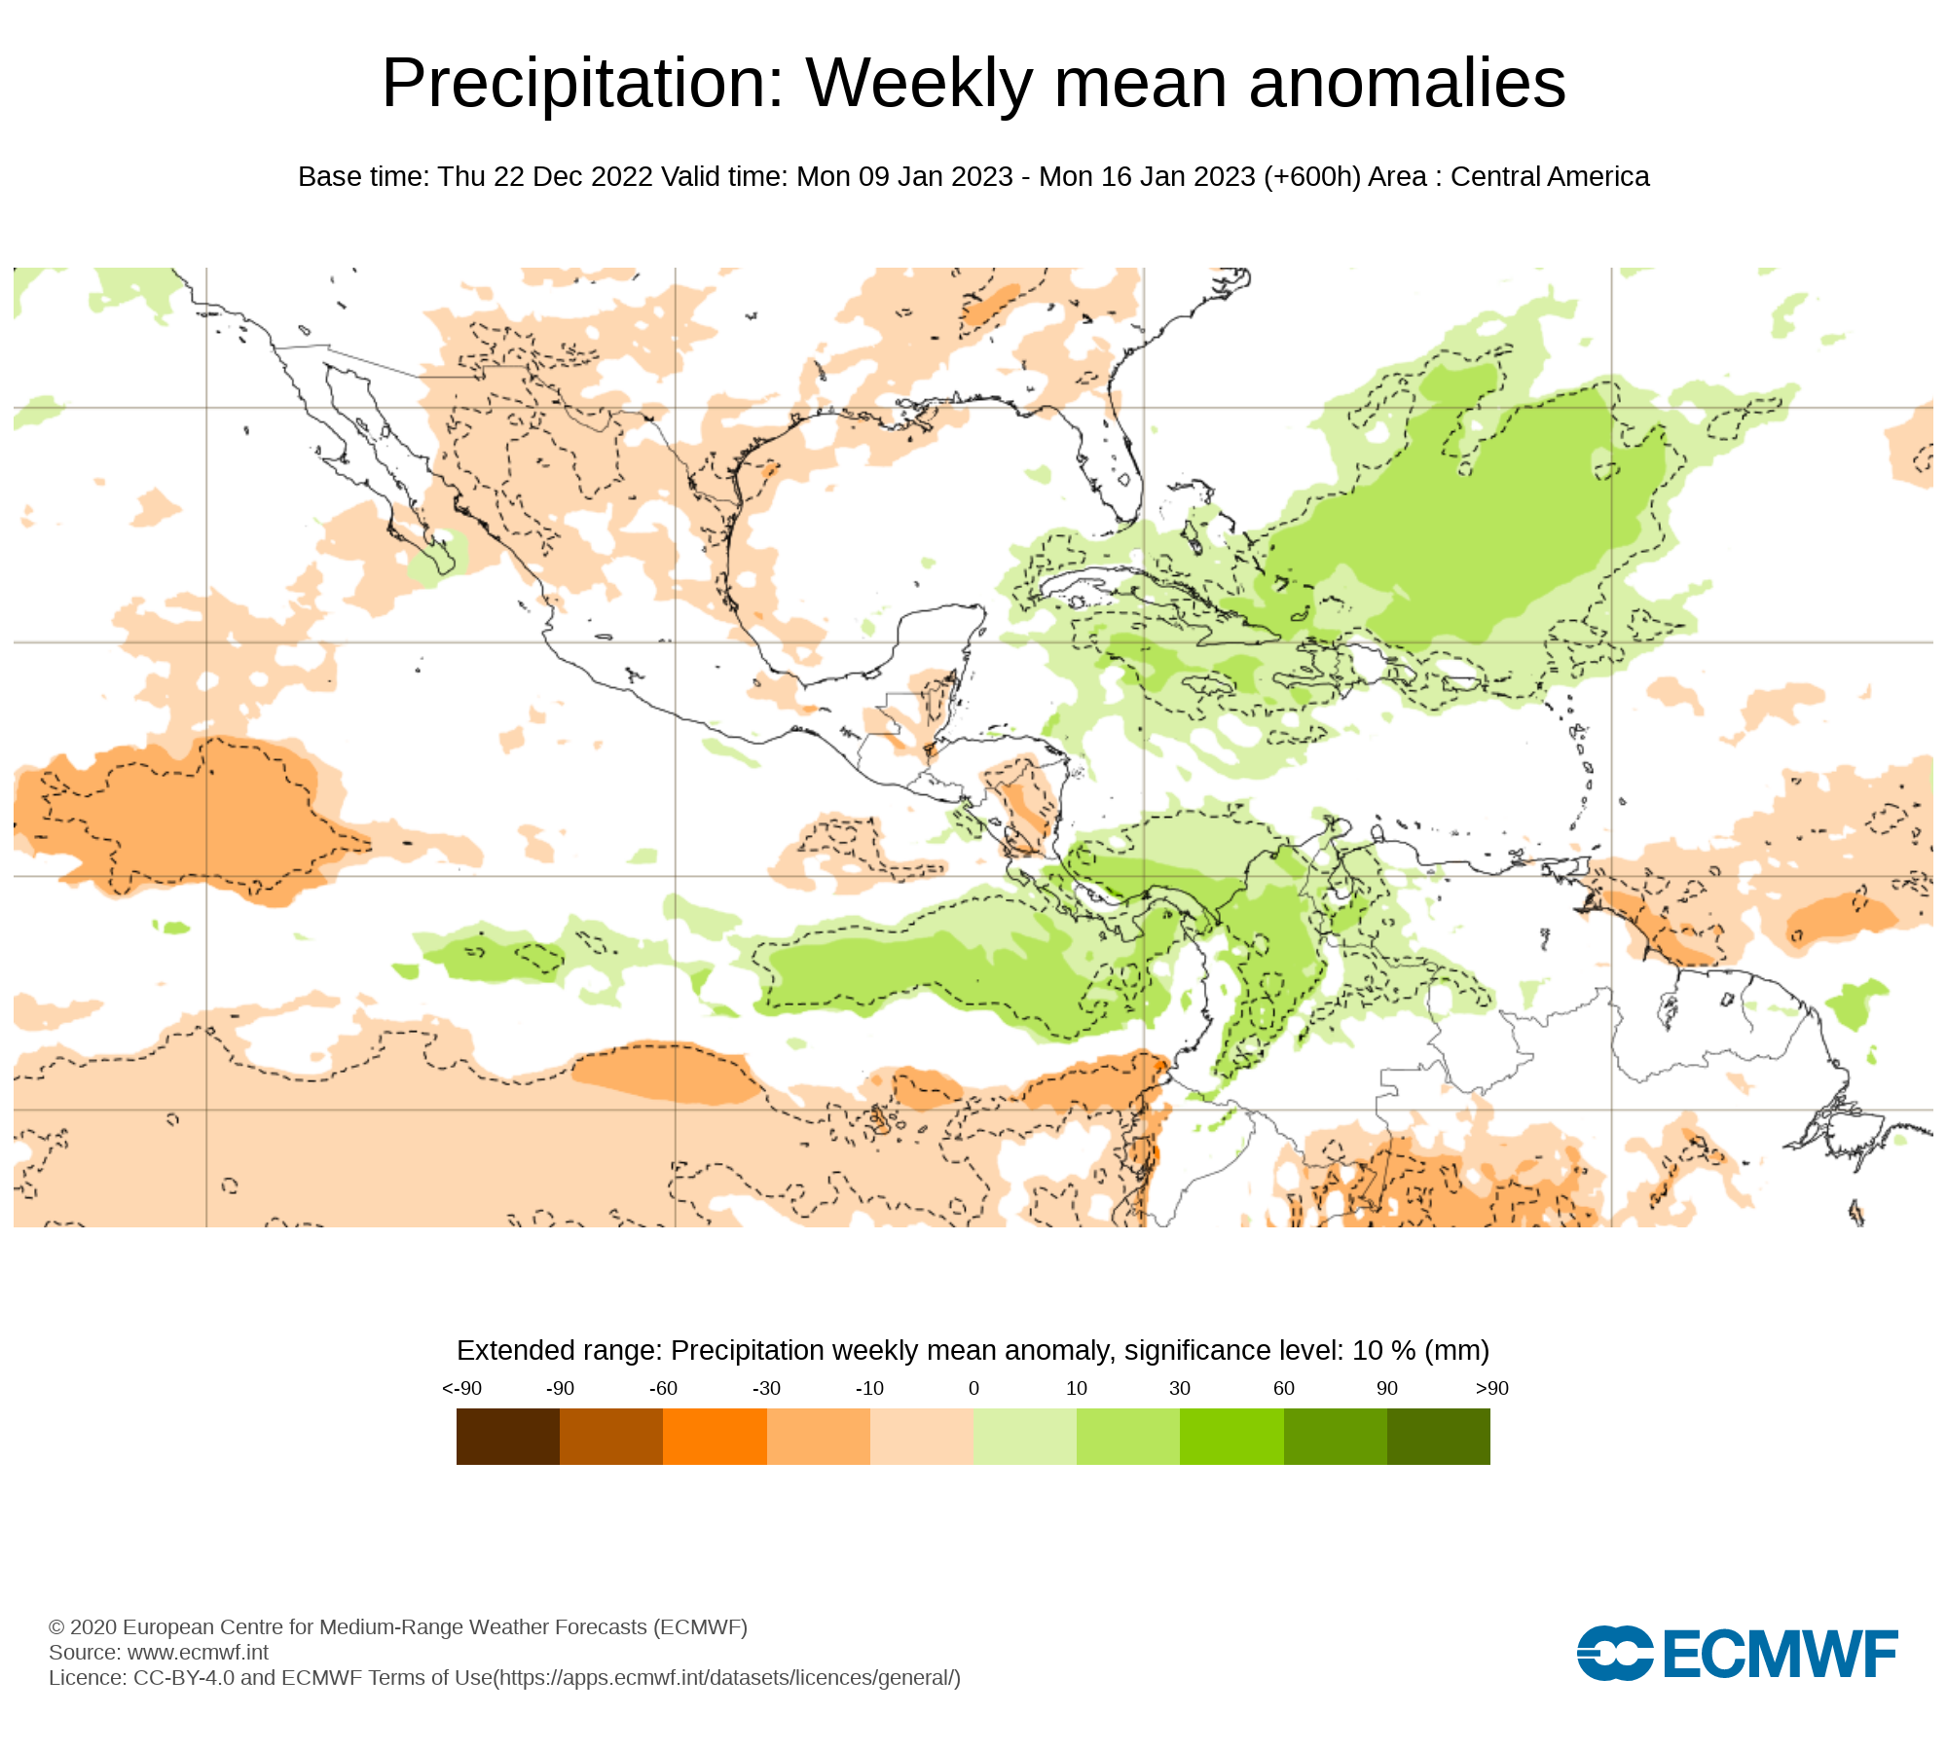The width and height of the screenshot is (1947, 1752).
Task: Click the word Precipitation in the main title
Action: pos(582,84)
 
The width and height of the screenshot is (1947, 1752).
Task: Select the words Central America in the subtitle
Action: pos(1549,177)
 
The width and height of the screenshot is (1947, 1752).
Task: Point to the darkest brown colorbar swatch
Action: pos(507,1437)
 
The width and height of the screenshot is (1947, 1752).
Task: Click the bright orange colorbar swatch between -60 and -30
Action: pos(715,1437)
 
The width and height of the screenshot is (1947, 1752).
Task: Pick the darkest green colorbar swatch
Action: pos(1438,1437)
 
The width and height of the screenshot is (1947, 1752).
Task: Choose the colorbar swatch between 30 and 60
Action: pos(1231,1437)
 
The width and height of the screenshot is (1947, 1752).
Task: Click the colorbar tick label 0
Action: pos(973,1389)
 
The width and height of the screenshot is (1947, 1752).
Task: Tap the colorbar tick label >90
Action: pos(1491,1389)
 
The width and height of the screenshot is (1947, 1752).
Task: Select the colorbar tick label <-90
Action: pos(461,1389)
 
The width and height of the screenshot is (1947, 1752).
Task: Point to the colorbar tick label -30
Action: pos(766,1389)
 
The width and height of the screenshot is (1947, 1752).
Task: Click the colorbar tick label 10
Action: pos(1076,1389)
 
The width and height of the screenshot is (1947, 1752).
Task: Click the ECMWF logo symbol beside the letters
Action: pos(1614,1653)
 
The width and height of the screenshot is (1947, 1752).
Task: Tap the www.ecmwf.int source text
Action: pos(198,1653)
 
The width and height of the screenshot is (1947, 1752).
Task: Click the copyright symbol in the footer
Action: pos(56,1627)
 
